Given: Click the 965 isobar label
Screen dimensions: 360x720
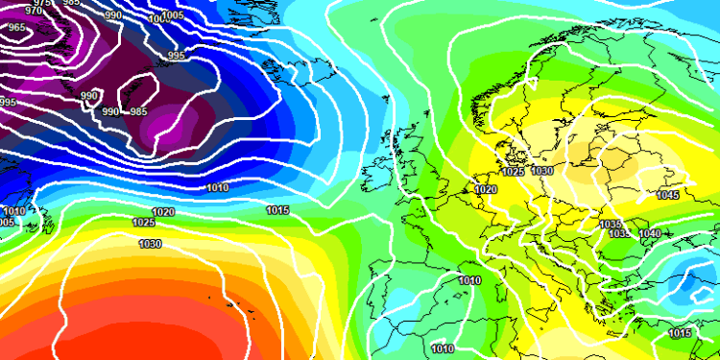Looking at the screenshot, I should click(x=17, y=28).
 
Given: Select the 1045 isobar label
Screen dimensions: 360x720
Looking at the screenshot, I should click(x=668, y=195).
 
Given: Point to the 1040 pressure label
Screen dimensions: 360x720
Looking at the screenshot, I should click(x=649, y=233).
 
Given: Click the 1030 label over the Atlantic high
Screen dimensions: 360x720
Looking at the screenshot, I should click(x=150, y=244).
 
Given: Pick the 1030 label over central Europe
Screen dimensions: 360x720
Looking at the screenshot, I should click(x=542, y=170).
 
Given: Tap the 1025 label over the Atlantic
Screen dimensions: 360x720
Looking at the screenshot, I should click(x=144, y=223).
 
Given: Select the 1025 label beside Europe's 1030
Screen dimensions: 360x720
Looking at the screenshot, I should click(x=513, y=172).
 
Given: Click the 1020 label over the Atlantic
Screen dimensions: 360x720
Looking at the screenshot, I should click(x=163, y=212).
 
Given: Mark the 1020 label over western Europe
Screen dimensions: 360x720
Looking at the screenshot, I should click(x=486, y=190).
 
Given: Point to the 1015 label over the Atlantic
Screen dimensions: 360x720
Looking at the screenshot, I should click(x=278, y=209).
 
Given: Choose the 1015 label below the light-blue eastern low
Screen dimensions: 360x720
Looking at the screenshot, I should click(x=680, y=333).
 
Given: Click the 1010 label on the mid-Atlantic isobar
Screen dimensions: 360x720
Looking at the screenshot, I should click(x=218, y=187).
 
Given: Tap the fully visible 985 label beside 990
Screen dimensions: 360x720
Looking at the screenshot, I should click(x=138, y=111).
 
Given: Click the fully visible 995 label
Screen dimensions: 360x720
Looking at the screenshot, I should click(x=176, y=56).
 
